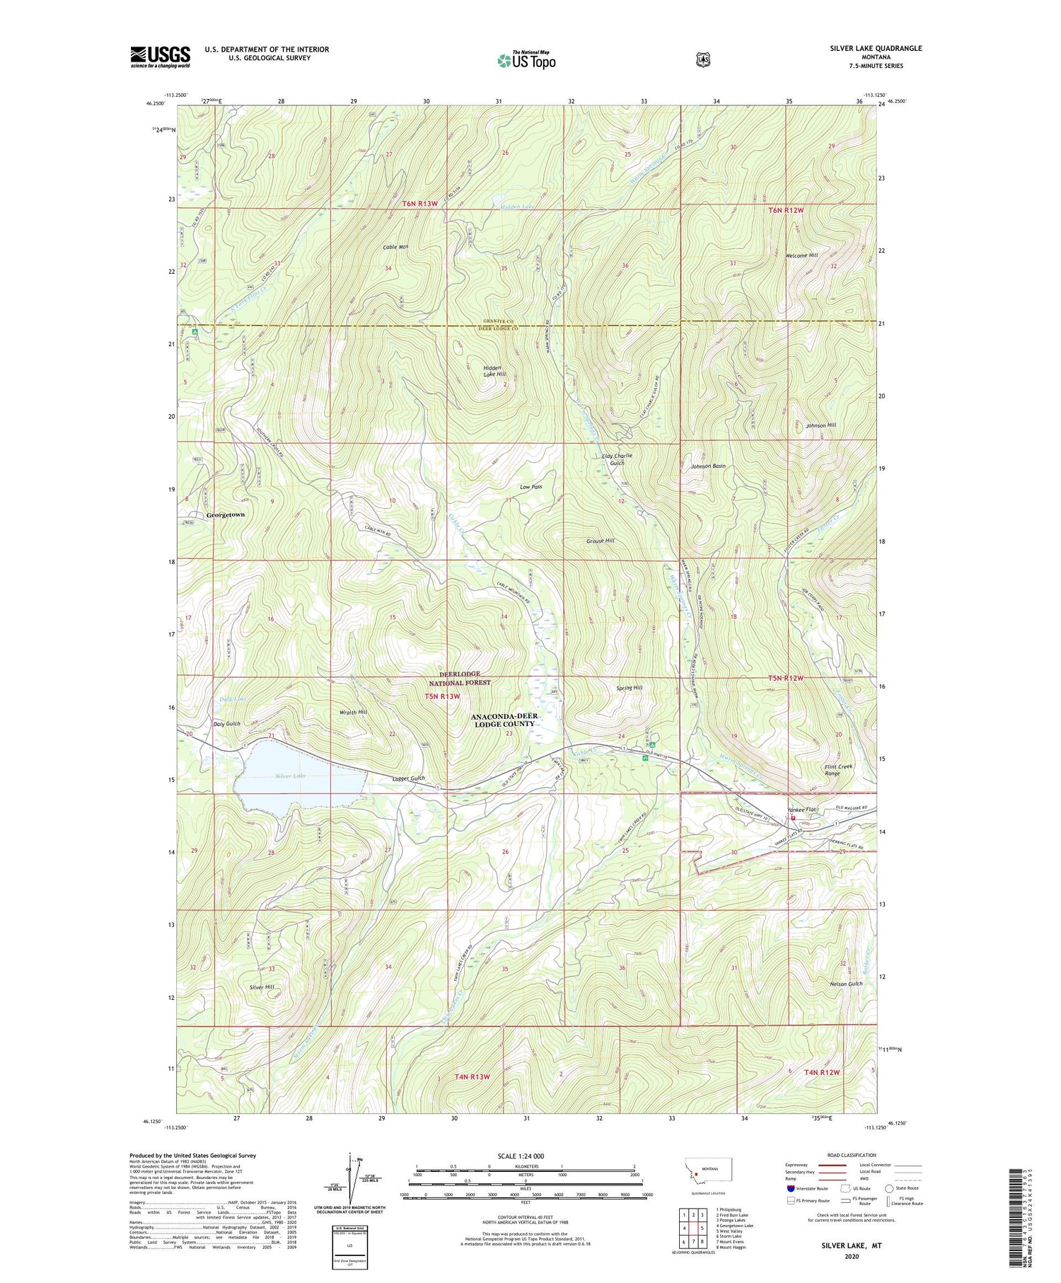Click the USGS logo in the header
coord(160,57)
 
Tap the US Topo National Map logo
coord(526,59)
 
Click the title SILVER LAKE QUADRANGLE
coord(876,48)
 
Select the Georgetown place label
coord(225,514)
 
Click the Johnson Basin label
coord(708,466)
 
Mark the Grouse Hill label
coord(600,541)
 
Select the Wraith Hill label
coord(352,712)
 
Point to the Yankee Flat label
coord(802,809)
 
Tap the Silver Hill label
coord(261,986)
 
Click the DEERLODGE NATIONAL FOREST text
coord(461,679)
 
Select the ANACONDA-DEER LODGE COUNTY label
coord(504,720)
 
